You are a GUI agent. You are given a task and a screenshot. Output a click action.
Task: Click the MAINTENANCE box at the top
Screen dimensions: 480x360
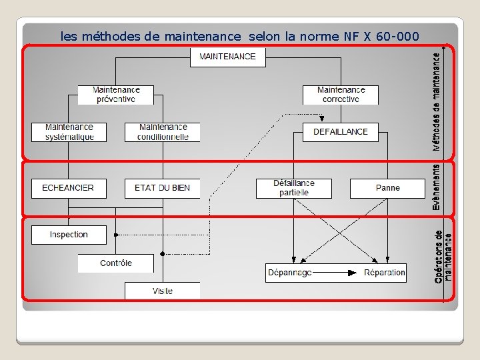(227, 57)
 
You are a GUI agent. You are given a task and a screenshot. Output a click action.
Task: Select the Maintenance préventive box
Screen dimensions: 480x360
(116, 95)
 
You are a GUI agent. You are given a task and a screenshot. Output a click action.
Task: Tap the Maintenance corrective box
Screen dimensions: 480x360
(341, 95)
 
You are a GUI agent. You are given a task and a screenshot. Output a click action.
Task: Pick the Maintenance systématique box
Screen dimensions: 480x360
(69, 132)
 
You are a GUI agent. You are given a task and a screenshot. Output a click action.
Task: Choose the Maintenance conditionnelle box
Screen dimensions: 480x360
(163, 132)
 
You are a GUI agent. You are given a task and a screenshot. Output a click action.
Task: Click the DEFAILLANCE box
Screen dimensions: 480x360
(340, 132)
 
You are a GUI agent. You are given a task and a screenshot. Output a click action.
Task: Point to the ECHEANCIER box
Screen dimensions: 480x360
(69, 188)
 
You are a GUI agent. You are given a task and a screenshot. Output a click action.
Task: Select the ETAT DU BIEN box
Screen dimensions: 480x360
(162, 188)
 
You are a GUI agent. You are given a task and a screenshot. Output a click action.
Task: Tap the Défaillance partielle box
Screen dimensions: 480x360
(293, 188)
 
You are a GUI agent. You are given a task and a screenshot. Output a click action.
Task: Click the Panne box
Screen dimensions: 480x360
(387, 188)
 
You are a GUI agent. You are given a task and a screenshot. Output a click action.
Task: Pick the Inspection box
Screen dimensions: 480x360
(69, 235)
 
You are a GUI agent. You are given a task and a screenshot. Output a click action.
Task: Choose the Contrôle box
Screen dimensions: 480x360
(116, 263)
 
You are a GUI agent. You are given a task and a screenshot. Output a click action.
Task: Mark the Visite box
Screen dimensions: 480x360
(162, 291)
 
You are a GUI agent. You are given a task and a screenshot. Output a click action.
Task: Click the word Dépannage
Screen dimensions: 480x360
(289, 273)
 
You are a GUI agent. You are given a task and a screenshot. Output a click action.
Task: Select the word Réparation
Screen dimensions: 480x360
(384, 273)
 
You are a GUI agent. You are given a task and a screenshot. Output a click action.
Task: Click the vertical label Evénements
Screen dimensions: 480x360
(436, 189)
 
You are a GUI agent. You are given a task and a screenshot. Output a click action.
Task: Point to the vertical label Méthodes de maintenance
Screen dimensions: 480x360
(436, 101)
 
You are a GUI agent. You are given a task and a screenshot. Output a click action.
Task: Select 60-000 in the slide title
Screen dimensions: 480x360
(398, 36)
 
